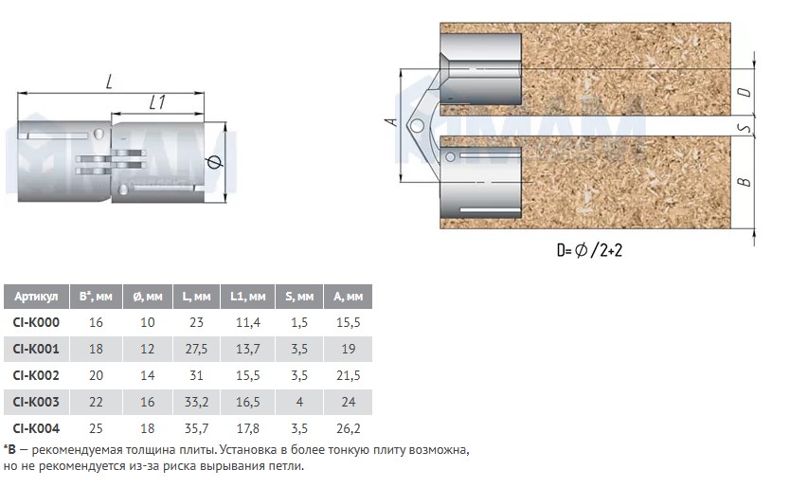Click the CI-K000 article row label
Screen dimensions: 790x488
36,322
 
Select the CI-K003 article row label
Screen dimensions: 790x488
36,402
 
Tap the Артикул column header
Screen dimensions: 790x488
36,297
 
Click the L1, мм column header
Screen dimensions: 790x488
248,297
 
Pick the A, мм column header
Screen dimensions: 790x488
349,297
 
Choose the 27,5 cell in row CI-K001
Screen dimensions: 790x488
196,349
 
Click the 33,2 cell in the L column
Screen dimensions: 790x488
196,402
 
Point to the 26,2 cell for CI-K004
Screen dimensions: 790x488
349,428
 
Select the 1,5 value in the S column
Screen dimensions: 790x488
299,322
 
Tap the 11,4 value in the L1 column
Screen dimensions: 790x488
248,322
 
